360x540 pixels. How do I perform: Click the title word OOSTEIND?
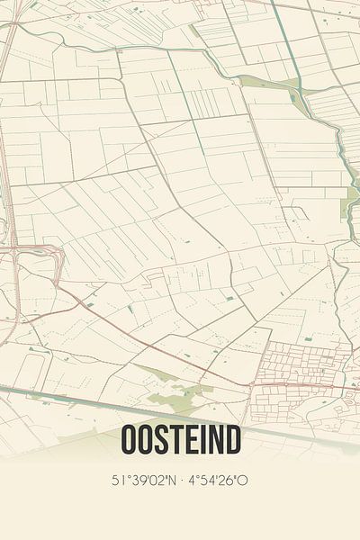179,441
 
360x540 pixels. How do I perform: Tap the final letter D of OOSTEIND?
232,441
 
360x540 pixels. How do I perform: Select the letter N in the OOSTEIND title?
214,441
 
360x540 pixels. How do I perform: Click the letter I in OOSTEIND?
204,441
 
